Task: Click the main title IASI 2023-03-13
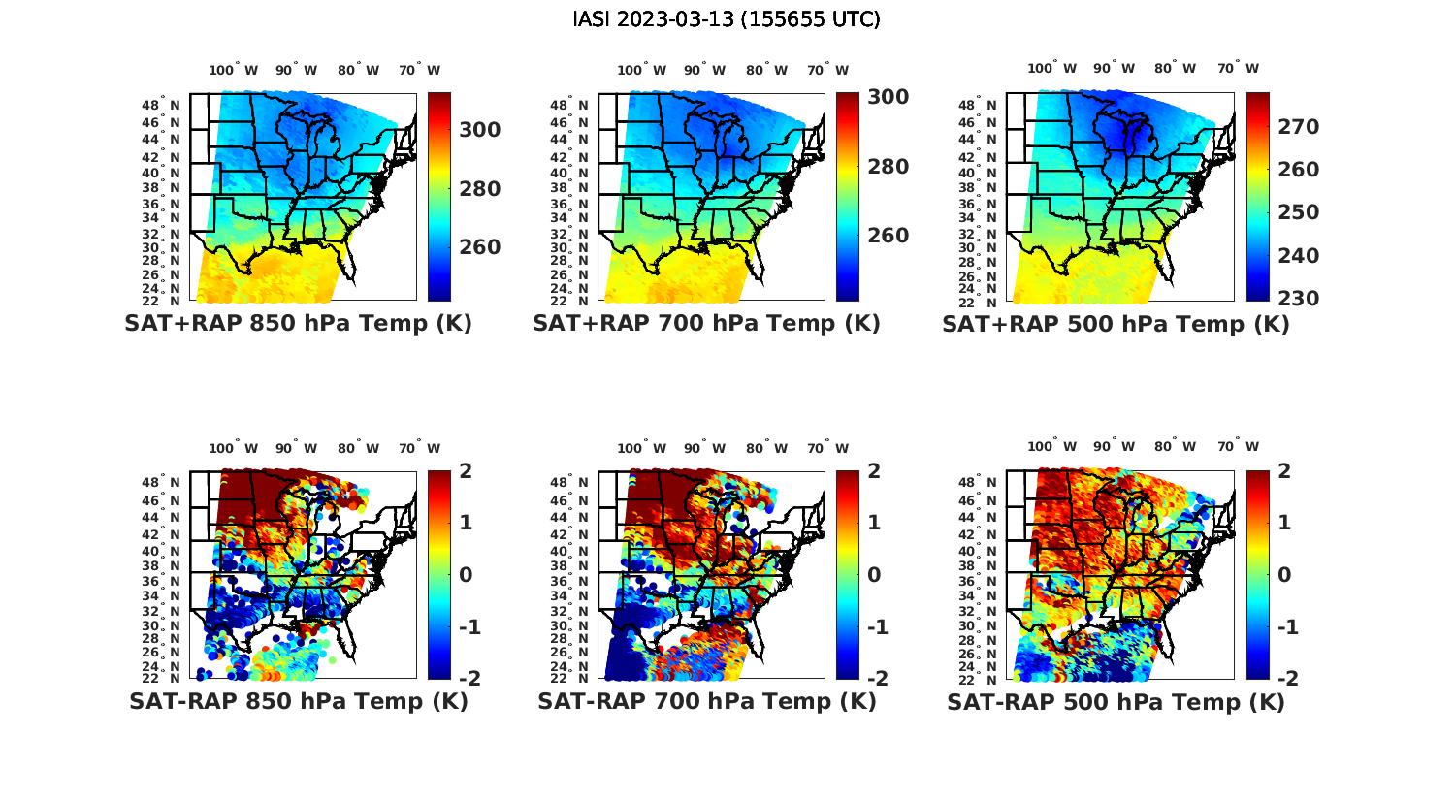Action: pyautogui.click(x=727, y=19)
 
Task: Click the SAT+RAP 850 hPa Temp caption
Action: pyautogui.click(x=298, y=324)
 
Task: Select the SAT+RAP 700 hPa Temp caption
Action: pyautogui.click(x=706, y=324)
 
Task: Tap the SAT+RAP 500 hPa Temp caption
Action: pyautogui.click(x=1115, y=325)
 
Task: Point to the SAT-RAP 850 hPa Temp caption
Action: pyautogui.click(x=298, y=701)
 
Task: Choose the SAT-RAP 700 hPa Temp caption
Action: pyautogui.click(x=706, y=701)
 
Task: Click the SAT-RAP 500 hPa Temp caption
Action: pyautogui.click(x=1115, y=702)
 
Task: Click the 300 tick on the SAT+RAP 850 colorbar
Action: pyautogui.click(x=480, y=130)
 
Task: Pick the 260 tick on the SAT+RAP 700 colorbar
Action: pyautogui.click(x=888, y=236)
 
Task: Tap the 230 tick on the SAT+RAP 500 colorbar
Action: pyautogui.click(x=1298, y=299)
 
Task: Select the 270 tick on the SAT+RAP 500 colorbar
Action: pyautogui.click(x=1298, y=127)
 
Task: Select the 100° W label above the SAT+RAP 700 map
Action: pyautogui.click(x=641, y=70)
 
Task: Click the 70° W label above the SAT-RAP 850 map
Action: pyautogui.click(x=419, y=448)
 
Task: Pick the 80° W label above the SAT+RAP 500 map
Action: pyautogui.click(x=1175, y=68)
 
